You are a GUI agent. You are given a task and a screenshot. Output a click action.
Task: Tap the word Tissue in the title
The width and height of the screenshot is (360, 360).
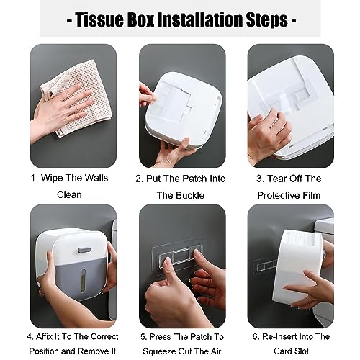pyautogui.click(x=96, y=18)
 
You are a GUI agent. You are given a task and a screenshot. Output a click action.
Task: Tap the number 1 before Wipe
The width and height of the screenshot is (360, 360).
pyautogui.click(x=33, y=178)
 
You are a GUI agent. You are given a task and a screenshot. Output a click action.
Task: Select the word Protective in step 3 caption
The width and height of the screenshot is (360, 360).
pyautogui.click(x=277, y=194)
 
